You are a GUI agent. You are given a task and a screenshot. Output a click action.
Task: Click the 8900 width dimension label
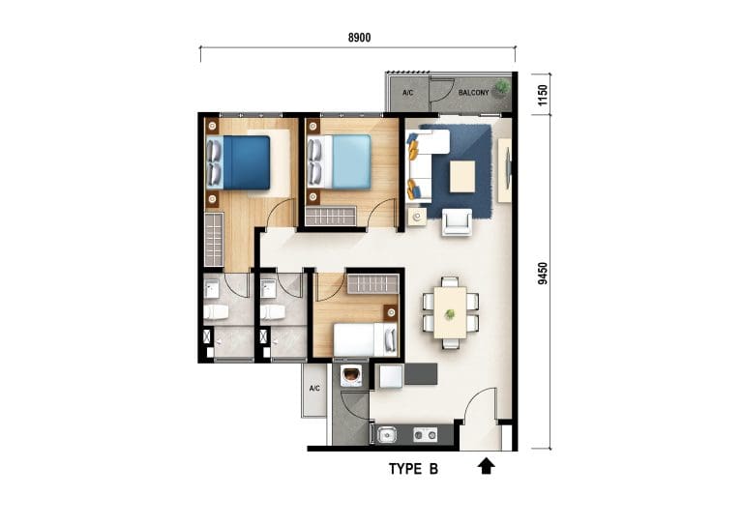click(x=359, y=38)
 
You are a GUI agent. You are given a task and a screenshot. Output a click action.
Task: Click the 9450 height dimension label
click(x=543, y=274)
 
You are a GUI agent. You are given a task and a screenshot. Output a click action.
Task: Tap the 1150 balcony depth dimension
click(x=543, y=95)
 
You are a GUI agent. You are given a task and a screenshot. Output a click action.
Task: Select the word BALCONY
click(x=473, y=92)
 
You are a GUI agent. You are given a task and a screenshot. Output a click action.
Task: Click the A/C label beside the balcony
click(x=407, y=92)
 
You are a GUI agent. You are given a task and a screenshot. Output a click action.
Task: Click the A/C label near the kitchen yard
click(x=314, y=388)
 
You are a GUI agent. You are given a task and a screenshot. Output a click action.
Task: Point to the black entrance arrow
click(x=486, y=466)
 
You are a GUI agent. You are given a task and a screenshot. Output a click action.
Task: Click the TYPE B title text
click(x=413, y=469)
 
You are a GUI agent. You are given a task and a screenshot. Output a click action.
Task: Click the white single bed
click(x=366, y=339)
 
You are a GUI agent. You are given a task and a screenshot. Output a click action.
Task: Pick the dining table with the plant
click(x=450, y=312)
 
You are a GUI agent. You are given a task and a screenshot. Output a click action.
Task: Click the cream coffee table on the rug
click(x=462, y=176)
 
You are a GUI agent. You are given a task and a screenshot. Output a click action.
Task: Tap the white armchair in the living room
click(x=457, y=222)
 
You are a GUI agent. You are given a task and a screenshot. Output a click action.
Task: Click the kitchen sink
click(x=387, y=434)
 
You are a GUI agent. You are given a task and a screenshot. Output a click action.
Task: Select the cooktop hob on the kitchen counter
click(x=425, y=434)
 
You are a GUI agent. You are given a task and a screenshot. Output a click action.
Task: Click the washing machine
click(x=351, y=376)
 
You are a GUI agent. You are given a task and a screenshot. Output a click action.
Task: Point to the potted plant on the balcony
click(x=502, y=87)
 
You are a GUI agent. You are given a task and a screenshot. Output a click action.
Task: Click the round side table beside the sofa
click(x=417, y=218)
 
